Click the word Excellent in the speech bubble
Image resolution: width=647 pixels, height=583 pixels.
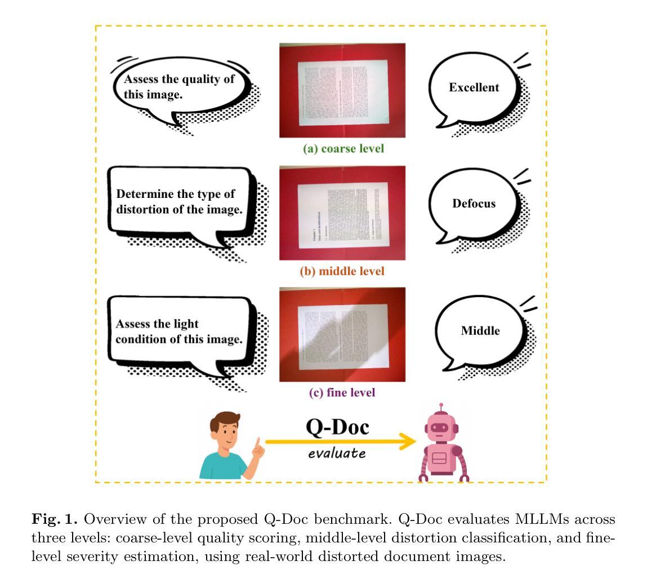click(474, 87)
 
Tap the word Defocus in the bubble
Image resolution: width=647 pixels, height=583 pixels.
click(474, 204)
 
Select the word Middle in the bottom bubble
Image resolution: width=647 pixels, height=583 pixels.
click(480, 330)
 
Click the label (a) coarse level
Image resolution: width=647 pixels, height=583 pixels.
click(343, 149)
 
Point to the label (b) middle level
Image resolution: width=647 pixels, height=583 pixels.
click(342, 271)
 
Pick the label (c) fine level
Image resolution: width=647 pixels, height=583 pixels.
click(342, 392)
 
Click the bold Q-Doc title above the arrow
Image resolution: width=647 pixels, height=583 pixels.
click(337, 427)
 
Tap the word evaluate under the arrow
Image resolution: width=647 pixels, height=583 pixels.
click(337, 453)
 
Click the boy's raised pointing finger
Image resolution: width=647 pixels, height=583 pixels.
click(258, 444)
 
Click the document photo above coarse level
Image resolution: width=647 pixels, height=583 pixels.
click(342, 90)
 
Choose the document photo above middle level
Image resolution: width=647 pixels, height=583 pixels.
click(342, 213)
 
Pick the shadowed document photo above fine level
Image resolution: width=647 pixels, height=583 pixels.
click(342, 334)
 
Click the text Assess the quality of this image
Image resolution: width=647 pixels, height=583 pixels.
click(179, 87)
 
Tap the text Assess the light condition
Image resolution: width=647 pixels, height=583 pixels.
click(179, 332)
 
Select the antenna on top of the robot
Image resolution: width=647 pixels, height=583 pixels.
click(441, 407)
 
